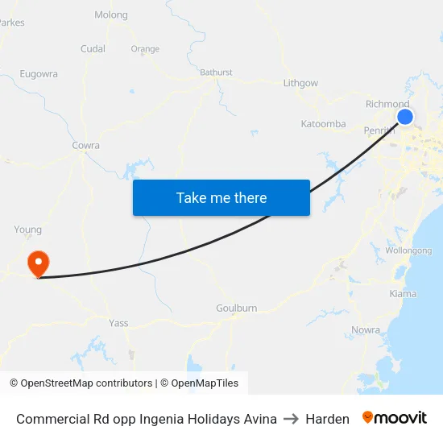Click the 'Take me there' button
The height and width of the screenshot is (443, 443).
pyautogui.click(x=221, y=197)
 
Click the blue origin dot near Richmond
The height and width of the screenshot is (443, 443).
pyautogui.click(x=405, y=117)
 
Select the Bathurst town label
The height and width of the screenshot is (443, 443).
pyautogui.click(x=216, y=72)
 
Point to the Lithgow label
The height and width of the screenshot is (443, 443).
pyautogui.click(x=300, y=83)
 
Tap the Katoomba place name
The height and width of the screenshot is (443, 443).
pyautogui.click(x=323, y=124)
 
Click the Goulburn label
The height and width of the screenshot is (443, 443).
pyautogui.click(x=236, y=308)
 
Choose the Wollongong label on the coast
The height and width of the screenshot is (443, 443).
pyautogui.click(x=408, y=250)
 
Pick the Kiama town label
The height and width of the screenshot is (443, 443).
pyautogui.click(x=403, y=294)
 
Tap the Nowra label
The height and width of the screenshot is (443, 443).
pyautogui.click(x=366, y=330)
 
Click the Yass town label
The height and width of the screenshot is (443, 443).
pyautogui.click(x=118, y=323)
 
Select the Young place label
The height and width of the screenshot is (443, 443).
pyautogui.click(x=27, y=230)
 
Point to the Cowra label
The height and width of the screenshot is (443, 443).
pyautogui.click(x=85, y=146)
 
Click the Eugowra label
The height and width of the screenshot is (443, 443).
pyautogui.click(x=39, y=74)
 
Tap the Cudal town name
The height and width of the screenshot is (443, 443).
pyautogui.click(x=93, y=49)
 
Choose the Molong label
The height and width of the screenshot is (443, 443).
pyautogui.click(x=111, y=15)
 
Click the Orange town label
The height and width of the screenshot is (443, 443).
pyautogui.click(x=145, y=49)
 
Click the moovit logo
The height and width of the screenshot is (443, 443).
pyautogui.click(x=395, y=418)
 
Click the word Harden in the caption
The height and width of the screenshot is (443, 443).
pyautogui.click(x=327, y=419)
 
